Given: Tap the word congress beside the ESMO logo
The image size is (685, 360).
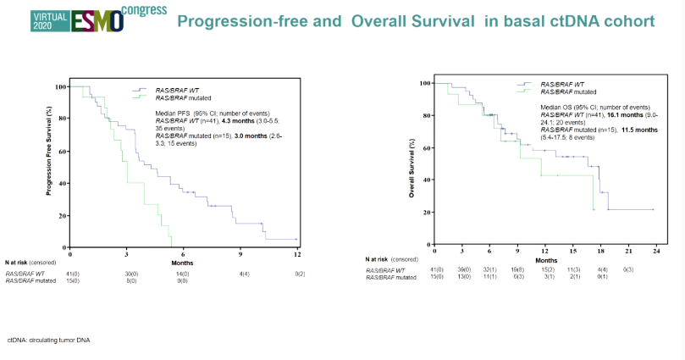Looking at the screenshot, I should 143,12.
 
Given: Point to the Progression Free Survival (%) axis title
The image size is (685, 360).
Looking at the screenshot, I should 49,151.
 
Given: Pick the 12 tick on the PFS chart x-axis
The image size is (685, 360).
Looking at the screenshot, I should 296,254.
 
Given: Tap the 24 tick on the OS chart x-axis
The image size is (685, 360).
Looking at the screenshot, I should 655,252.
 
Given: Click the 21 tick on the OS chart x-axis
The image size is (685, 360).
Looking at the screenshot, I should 628,252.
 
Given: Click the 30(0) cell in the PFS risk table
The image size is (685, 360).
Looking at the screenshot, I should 126,274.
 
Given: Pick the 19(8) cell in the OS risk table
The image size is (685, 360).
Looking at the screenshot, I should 517,269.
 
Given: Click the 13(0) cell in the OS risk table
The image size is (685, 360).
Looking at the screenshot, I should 462,276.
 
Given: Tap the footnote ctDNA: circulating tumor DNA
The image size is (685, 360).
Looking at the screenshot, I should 48,340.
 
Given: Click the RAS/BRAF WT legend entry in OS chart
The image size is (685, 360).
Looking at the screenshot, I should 561,84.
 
